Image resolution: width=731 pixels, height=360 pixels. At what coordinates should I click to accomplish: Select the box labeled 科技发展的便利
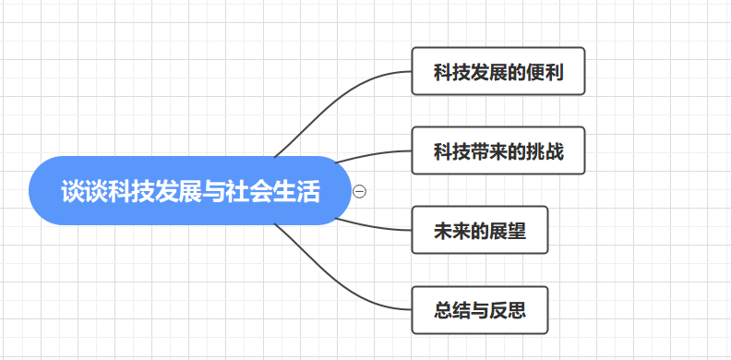point(498,71)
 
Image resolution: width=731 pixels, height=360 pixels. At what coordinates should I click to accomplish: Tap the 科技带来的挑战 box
point(498,150)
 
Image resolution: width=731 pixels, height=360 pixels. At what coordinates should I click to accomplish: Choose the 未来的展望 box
point(480,230)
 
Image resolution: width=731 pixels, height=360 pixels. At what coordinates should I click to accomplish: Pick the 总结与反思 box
point(480,309)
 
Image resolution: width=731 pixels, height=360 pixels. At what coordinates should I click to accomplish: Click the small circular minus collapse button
point(360,191)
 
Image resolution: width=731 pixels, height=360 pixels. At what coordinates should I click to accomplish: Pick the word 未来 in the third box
point(450,231)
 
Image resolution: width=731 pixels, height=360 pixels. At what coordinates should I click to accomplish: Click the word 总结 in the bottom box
point(450,310)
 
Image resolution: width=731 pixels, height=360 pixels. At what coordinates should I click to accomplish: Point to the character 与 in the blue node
point(213,192)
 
